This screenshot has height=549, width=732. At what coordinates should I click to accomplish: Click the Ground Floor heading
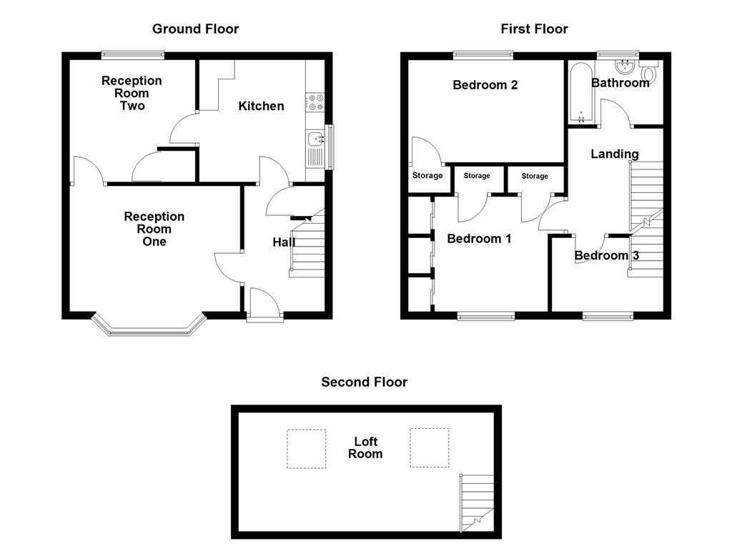coord(195,29)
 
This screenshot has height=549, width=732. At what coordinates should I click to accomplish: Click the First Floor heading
coord(534,29)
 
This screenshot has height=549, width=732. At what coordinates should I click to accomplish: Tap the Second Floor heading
coord(364,382)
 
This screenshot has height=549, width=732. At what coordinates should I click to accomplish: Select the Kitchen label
coord(261,106)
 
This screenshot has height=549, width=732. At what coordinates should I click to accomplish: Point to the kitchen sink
coord(315,140)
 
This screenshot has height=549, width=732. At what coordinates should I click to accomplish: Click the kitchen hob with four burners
coord(315,103)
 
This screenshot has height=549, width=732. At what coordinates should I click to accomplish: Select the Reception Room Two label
coord(132,93)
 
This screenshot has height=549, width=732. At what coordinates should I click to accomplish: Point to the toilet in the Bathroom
coord(650,73)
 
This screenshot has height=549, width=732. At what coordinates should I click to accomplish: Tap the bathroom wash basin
coord(626,69)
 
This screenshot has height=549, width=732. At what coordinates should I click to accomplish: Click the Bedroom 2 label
coord(485,85)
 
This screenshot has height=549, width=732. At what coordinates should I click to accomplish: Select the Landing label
coord(615,154)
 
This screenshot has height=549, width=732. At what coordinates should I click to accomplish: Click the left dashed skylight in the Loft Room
coord(307,448)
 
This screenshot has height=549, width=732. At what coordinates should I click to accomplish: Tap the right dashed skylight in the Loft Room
coord(430,447)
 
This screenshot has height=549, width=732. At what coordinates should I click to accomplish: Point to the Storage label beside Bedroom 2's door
coord(427,176)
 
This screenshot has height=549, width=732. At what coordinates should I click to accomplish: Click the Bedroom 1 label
coord(479,239)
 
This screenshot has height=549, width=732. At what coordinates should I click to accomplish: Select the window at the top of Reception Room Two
coord(133,54)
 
